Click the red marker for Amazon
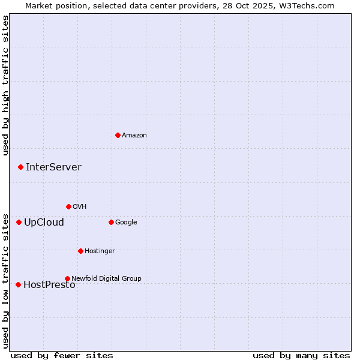point(118,135)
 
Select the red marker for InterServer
point(20,167)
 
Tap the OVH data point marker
point(68,206)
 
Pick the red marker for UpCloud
point(19,222)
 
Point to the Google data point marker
point(111,222)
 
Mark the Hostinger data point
point(80,251)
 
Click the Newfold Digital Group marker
point(67,278)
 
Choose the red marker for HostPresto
point(18,284)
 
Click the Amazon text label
point(134,136)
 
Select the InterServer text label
point(53,167)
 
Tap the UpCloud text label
point(44,223)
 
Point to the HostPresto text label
point(49,285)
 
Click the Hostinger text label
point(100,251)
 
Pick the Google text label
point(126,222)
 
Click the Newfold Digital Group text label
point(106,278)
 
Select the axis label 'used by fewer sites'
point(62,355)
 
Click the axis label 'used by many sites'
point(301,355)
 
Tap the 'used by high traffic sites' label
point(5,85)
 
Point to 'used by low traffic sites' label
point(5,281)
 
